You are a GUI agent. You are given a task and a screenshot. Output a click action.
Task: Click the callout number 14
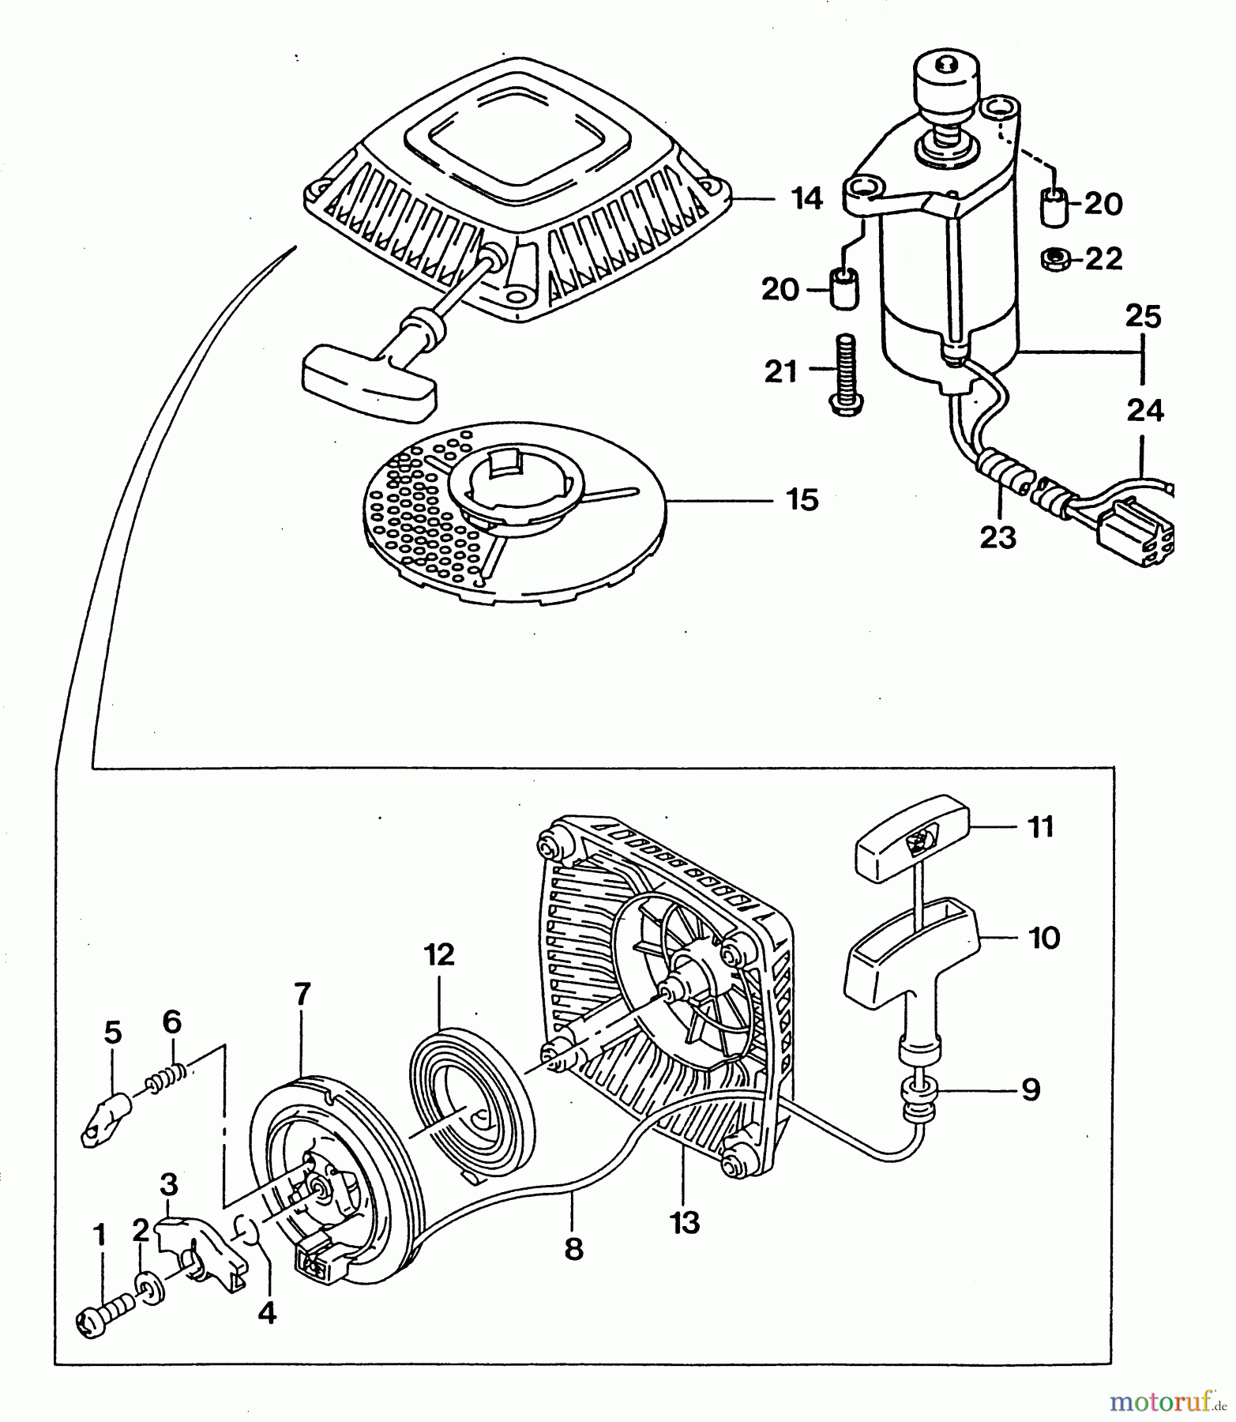806,198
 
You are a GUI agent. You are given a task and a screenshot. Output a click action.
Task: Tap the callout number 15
802,500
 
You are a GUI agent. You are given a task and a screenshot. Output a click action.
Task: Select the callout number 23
997,538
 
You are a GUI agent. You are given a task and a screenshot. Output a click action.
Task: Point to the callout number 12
440,954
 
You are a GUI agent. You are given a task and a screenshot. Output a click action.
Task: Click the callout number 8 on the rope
574,1248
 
